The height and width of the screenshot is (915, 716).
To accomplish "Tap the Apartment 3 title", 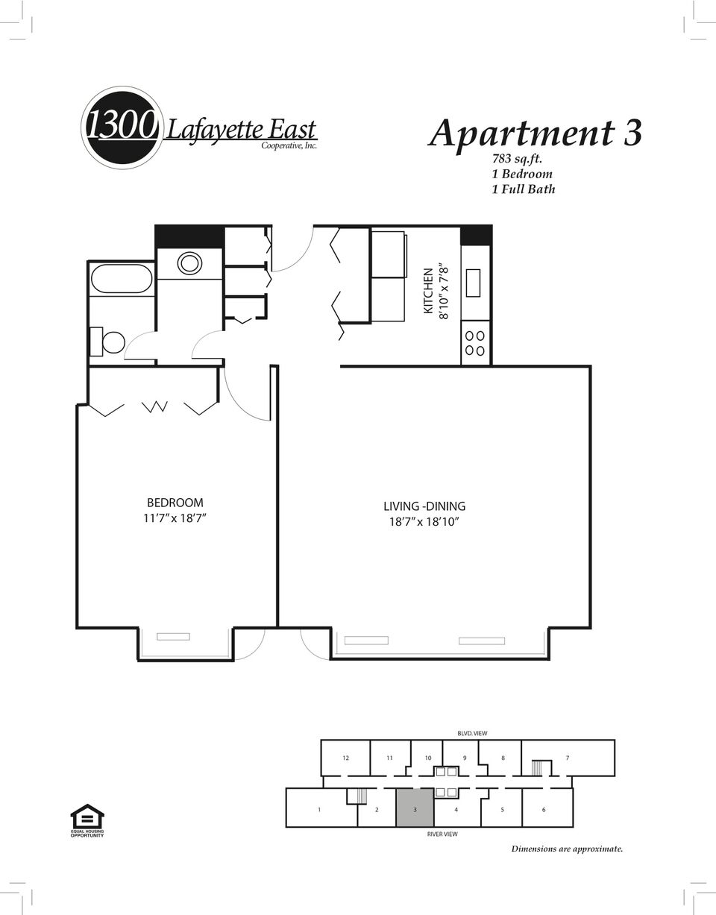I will (x=536, y=134).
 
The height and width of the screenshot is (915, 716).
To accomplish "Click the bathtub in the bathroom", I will (x=122, y=280).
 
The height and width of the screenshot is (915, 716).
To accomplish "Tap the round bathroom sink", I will (x=189, y=262).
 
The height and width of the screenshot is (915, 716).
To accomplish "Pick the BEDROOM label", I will (x=175, y=503).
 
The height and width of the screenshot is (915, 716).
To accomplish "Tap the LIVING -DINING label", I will (x=424, y=506).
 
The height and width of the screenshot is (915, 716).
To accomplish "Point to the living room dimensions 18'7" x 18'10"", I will (x=424, y=522).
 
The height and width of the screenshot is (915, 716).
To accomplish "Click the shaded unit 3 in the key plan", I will (x=415, y=808).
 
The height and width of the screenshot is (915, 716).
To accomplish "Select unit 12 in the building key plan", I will (x=345, y=758).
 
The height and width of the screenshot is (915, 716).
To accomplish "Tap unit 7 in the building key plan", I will (x=568, y=758).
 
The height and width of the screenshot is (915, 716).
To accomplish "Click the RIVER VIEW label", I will (x=442, y=834).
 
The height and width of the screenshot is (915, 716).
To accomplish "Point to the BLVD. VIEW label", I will (x=472, y=734).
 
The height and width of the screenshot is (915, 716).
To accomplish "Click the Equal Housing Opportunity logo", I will (x=87, y=820).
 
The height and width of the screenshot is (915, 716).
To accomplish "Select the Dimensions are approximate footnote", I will (x=567, y=849).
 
